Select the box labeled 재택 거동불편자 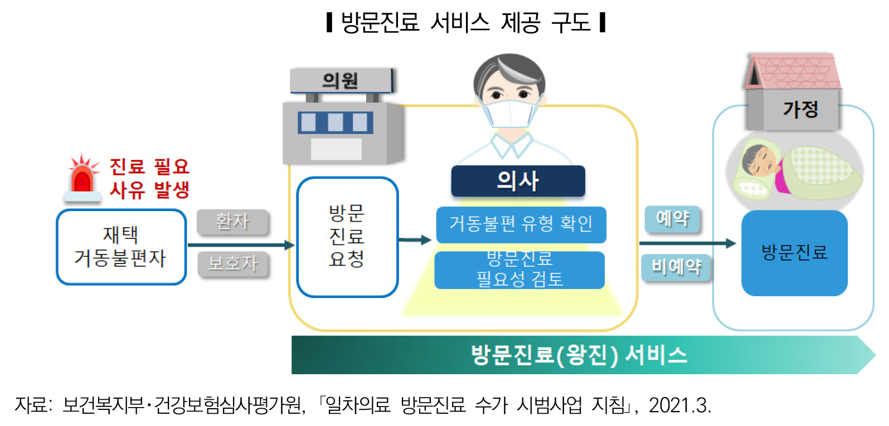[121, 247]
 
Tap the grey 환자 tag [232, 222]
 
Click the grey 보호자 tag [233, 263]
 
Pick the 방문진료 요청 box [347, 237]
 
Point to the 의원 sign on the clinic [341, 81]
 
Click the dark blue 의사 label [518, 181]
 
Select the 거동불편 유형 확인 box [521, 224]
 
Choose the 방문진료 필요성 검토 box [519, 271]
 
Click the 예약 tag [672, 218]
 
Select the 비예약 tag [676, 267]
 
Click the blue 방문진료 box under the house [794, 253]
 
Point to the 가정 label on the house [800, 109]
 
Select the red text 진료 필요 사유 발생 [149, 178]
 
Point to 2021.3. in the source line [679, 405]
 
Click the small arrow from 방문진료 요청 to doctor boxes [415, 240]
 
